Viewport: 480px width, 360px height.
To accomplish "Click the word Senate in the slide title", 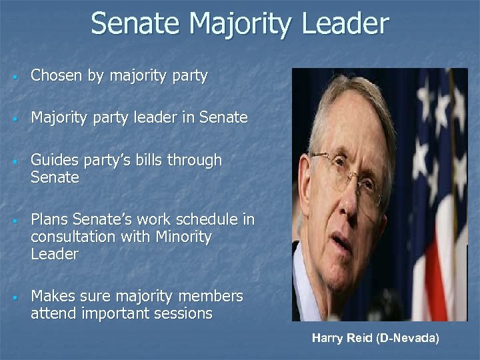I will (135, 23).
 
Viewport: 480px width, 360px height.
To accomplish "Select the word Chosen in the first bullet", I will (57, 76).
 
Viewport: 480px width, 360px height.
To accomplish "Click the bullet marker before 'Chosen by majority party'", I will (14, 77).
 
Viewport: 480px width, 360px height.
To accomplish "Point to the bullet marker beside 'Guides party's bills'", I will (14, 161).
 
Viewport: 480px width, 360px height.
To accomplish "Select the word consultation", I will (71, 237).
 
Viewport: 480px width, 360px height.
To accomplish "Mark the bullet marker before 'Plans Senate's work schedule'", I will (14, 220).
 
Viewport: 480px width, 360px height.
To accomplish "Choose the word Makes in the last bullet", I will (52, 295).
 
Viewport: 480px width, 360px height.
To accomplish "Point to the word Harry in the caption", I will (326, 338).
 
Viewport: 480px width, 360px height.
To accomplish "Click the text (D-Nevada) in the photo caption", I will (408, 338).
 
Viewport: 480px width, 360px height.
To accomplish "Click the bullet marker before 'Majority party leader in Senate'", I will (14, 119).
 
